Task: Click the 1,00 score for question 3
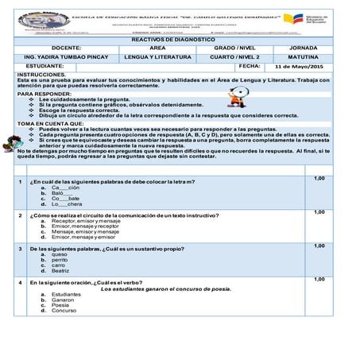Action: point(319,246)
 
